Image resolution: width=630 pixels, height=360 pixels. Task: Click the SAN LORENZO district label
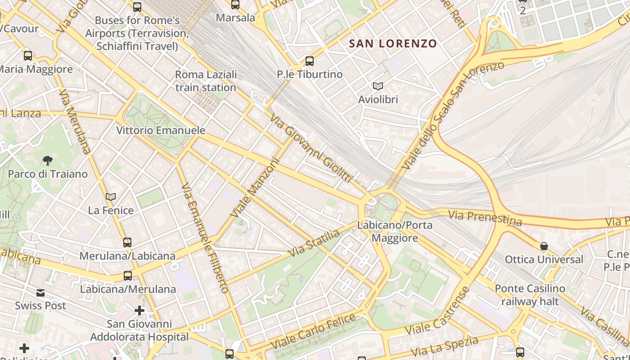tap(393, 44)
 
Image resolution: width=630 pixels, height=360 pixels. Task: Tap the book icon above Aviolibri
tap(378, 86)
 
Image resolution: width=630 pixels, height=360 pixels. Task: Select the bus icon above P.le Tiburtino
tap(309, 61)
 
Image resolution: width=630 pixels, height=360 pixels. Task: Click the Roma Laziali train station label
tap(206, 81)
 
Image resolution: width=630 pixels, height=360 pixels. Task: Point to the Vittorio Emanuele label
tap(161, 130)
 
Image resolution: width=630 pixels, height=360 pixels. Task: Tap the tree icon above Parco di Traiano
tap(47, 160)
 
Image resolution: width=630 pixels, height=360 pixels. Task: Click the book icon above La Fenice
tap(111, 197)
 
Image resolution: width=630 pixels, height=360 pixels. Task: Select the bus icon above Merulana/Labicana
tap(127, 243)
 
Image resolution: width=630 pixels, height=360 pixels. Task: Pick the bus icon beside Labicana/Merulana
tap(128, 275)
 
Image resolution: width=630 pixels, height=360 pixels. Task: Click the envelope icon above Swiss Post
tap(40, 293)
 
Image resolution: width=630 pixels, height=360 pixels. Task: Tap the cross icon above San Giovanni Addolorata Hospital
tap(139, 310)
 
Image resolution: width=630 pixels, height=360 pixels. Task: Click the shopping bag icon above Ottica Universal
tap(544, 246)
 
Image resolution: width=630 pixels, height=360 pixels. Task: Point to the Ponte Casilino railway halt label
tap(530, 295)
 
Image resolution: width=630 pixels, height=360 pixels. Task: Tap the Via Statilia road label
tap(314, 243)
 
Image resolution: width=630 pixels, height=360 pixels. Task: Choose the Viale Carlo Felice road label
tap(313, 332)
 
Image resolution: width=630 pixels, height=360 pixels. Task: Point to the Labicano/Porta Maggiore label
tap(395, 231)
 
